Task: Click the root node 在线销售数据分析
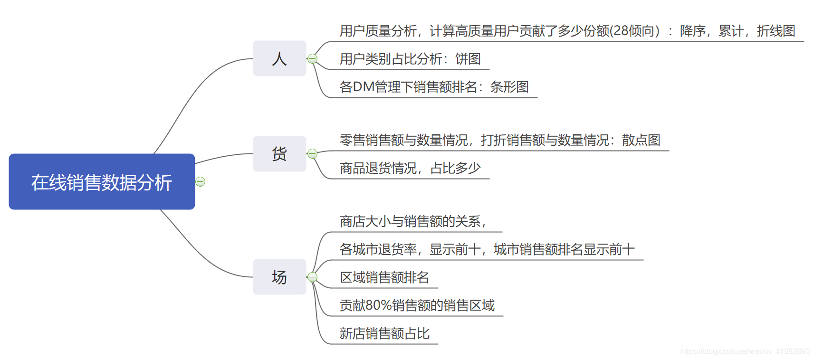click(x=102, y=182)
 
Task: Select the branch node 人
click(x=279, y=58)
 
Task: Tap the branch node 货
click(x=279, y=154)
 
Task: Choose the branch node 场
click(x=279, y=277)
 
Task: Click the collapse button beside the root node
click(x=201, y=182)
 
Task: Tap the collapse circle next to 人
click(x=312, y=58)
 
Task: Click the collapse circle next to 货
click(x=312, y=153)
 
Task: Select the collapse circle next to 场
click(x=312, y=277)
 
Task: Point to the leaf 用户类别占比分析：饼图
click(x=410, y=59)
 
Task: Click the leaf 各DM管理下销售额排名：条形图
click(x=434, y=87)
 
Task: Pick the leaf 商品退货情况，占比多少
click(x=410, y=168)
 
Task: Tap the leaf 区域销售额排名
click(x=384, y=277)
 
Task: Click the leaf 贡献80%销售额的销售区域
click(x=417, y=305)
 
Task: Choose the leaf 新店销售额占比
click(x=384, y=333)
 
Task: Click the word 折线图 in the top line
click(x=776, y=31)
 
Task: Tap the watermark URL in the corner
click(x=745, y=351)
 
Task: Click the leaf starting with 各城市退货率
click(x=487, y=249)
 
